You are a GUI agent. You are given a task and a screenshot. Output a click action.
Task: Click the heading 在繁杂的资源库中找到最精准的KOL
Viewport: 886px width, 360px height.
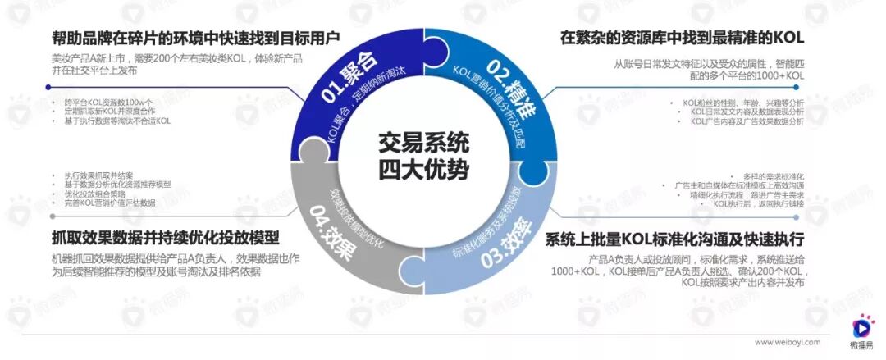682,38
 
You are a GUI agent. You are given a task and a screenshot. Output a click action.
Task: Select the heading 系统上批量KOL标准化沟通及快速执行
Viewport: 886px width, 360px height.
674,239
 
